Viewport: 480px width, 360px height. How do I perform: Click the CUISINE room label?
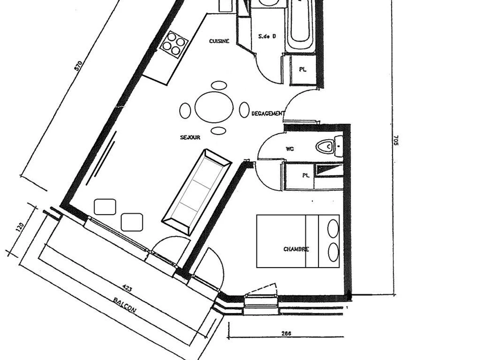[x=219, y=41]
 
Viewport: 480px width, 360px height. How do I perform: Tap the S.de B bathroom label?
[x=267, y=36]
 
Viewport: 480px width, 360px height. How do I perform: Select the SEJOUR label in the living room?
[x=190, y=138]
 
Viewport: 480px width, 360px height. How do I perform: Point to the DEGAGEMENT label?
[x=268, y=114]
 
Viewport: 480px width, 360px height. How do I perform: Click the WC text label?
[x=290, y=149]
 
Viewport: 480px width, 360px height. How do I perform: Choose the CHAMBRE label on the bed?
[x=296, y=249]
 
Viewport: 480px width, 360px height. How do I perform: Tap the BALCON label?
[x=124, y=306]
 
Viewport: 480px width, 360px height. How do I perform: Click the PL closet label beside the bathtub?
[x=303, y=69]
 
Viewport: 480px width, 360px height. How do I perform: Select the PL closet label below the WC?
[x=306, y=176]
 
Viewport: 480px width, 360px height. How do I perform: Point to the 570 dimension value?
[x=78, y=65]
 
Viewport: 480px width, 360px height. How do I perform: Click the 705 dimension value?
[x=396, y=140]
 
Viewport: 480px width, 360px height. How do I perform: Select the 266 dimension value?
[x=286, y=333]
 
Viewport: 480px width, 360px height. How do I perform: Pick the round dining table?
[x=214, y=107]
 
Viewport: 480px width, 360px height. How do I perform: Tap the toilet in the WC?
[x=326, y=146]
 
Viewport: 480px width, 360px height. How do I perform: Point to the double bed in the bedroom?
[x=298, y=241]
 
